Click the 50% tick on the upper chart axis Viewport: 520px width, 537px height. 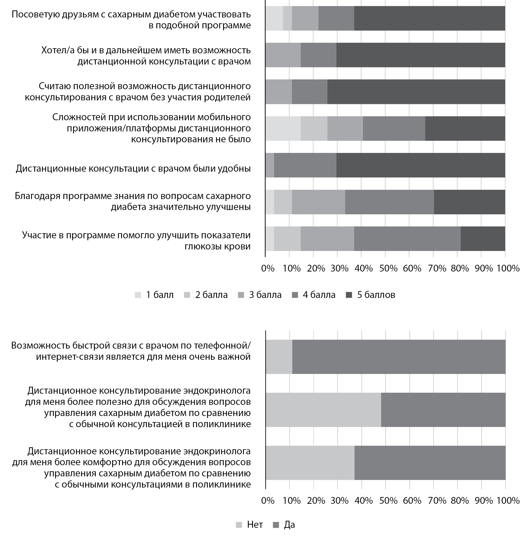[x=388, y=268]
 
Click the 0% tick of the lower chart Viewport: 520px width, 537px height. [x=268, y=501]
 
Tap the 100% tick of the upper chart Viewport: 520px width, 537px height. [x=508, y=268]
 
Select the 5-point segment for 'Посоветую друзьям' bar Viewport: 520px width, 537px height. [x=429, y=18]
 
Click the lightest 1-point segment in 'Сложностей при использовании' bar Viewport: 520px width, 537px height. [x=283, y=128]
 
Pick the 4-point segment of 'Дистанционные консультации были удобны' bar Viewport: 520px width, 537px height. [x=305, y=165]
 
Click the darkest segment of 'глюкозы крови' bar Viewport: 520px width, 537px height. [x=483, y=239]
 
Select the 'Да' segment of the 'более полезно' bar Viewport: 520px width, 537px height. [x=443, y=410]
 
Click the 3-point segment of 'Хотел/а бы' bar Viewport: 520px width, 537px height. [x=283, y=55]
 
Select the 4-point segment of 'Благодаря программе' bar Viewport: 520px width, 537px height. [x=389, y=202]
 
